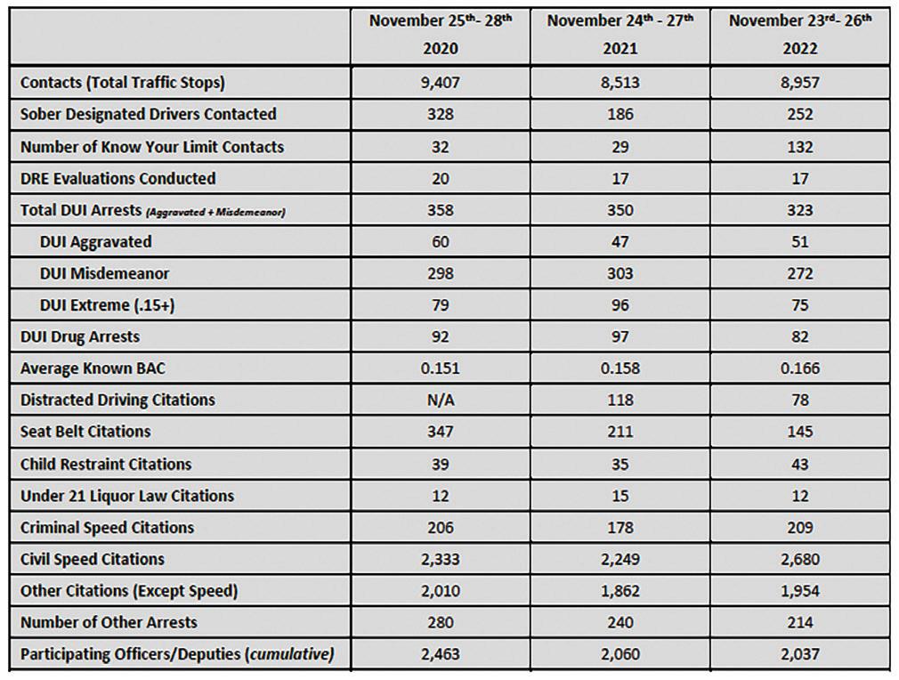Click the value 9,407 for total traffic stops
click(x=440, y=83)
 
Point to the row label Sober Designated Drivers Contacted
click(x=148, y=115)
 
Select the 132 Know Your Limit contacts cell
click(x=799, y=147)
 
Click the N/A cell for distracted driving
click(x=440, y=401)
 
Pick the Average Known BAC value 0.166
click(x=799, y=368)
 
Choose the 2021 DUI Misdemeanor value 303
click(x=620, y=273)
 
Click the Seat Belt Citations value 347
click(x=440, y=432)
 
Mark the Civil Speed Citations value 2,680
click(x=799, y=560)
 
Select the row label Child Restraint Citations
click(x=106, y=464)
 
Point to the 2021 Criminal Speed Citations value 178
click(x=620, y=528)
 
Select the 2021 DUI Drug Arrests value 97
click(x=620, y=337)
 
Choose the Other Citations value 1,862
click(x=620, y=591)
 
